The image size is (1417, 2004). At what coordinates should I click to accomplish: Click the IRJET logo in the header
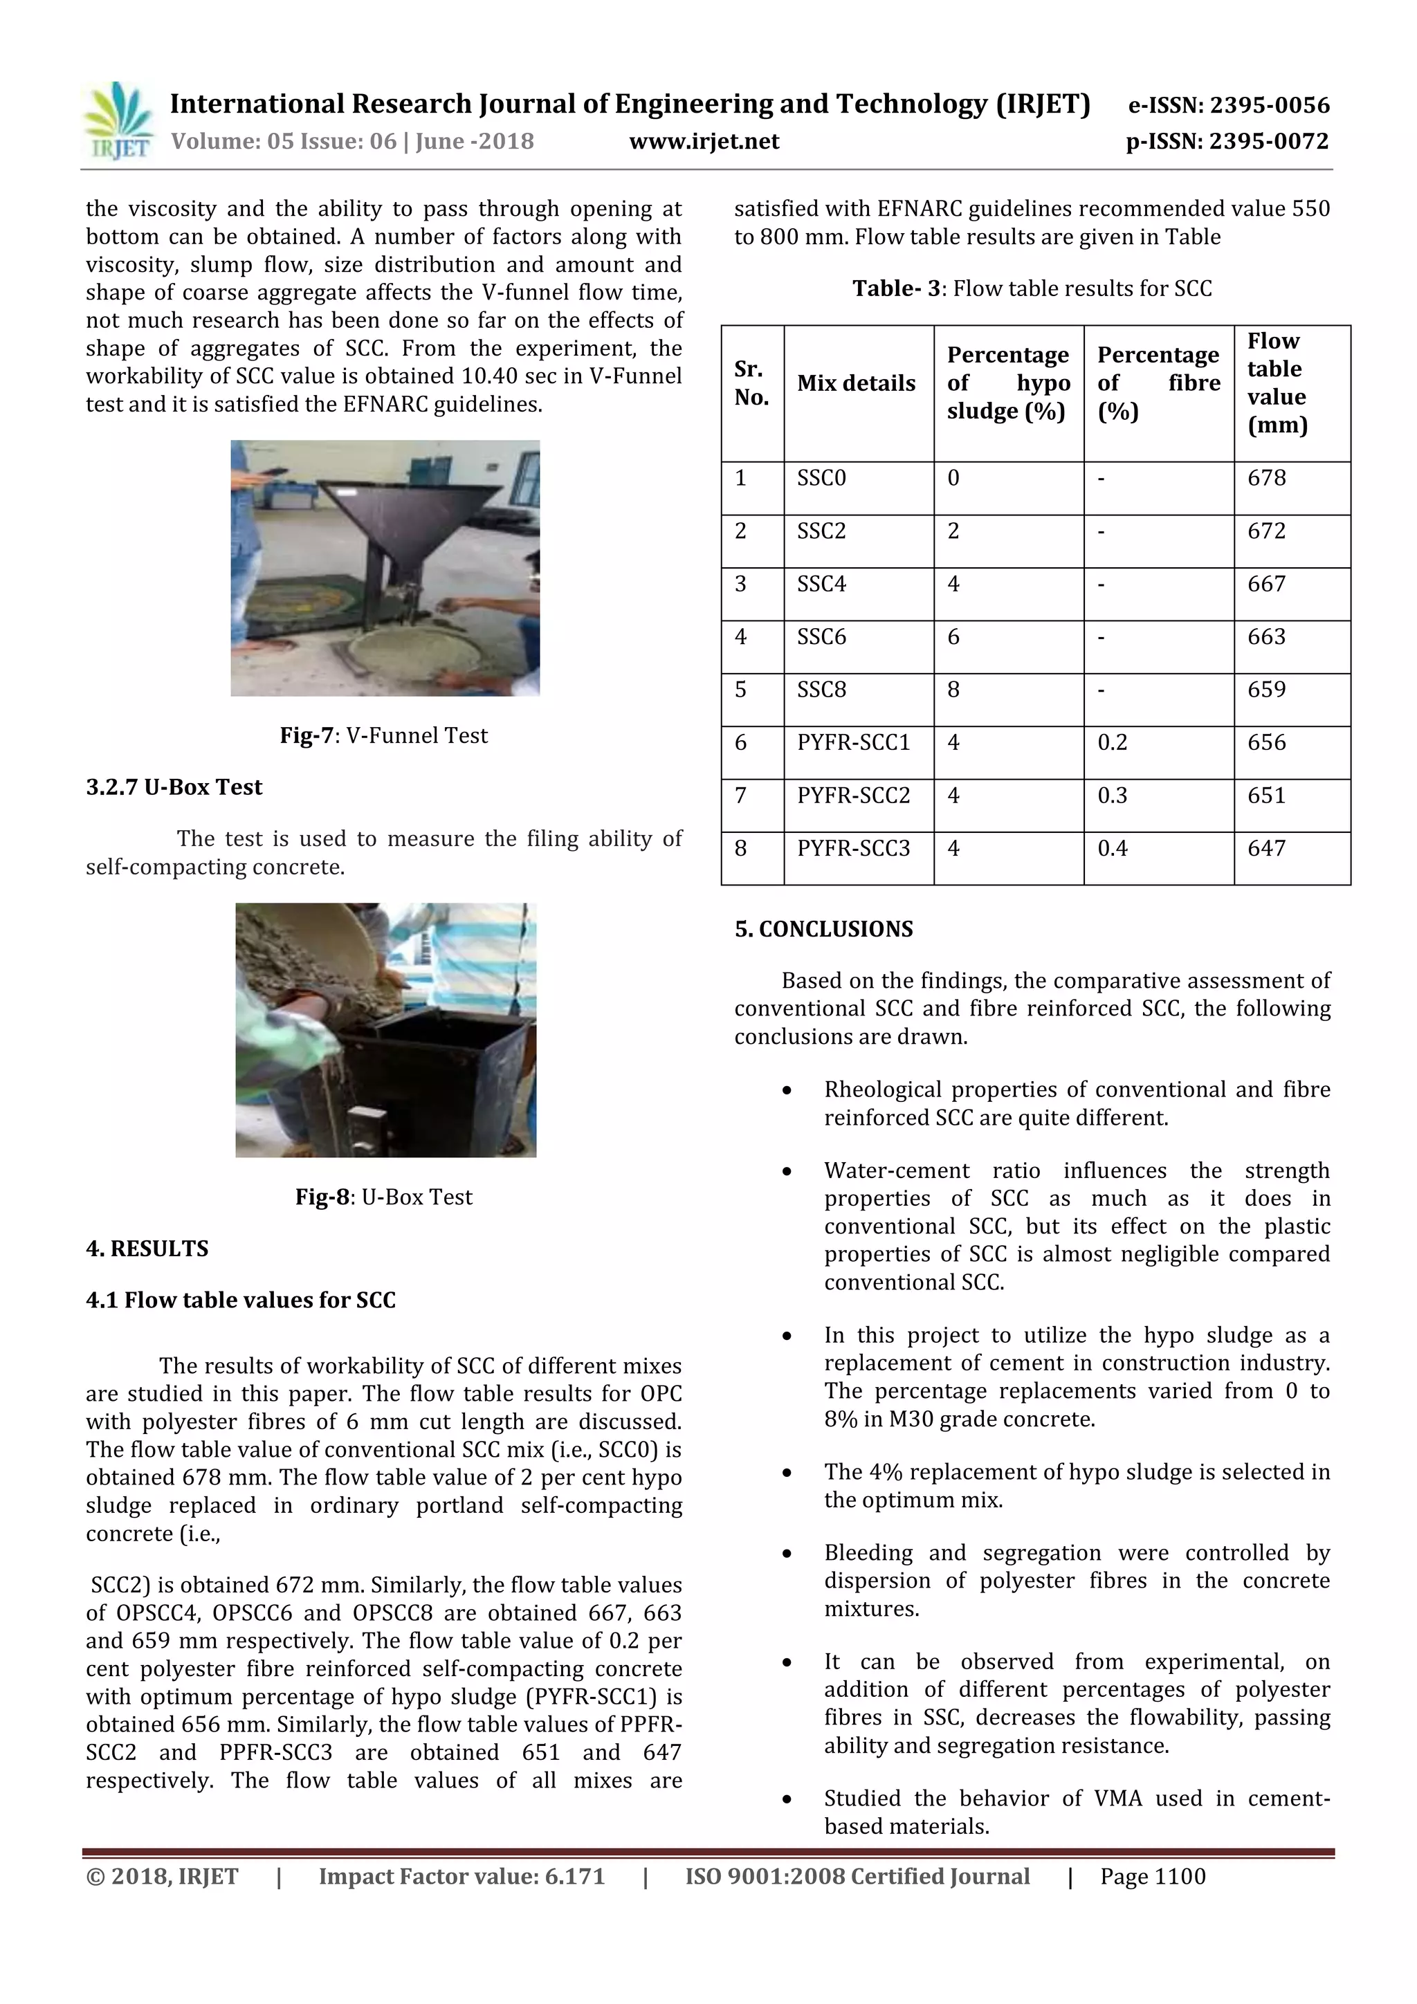(x=117, y=121)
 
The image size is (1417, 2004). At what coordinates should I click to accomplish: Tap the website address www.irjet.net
(x=704, y=141)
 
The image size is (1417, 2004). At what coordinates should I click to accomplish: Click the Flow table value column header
(x=1277, y=383)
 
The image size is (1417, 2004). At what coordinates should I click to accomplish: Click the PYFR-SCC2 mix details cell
(x=853, y=796)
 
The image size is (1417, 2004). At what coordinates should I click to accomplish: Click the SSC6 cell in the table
(x=821, y=637)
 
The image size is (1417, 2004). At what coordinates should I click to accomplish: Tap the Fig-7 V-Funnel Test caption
(x=383, y=736)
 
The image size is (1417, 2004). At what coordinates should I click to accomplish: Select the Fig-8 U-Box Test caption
(x=383, y=1197)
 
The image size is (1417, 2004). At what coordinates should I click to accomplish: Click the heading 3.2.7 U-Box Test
(x=174, y=787)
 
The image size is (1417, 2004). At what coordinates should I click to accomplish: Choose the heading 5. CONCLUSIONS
(x=823, y=929)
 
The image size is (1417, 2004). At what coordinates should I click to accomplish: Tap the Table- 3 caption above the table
(x=1032, y=289)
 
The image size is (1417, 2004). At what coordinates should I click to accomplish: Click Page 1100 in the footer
(x=1153, y=1877)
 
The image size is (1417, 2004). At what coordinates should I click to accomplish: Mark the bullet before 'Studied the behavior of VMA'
(x=787, y=1800)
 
